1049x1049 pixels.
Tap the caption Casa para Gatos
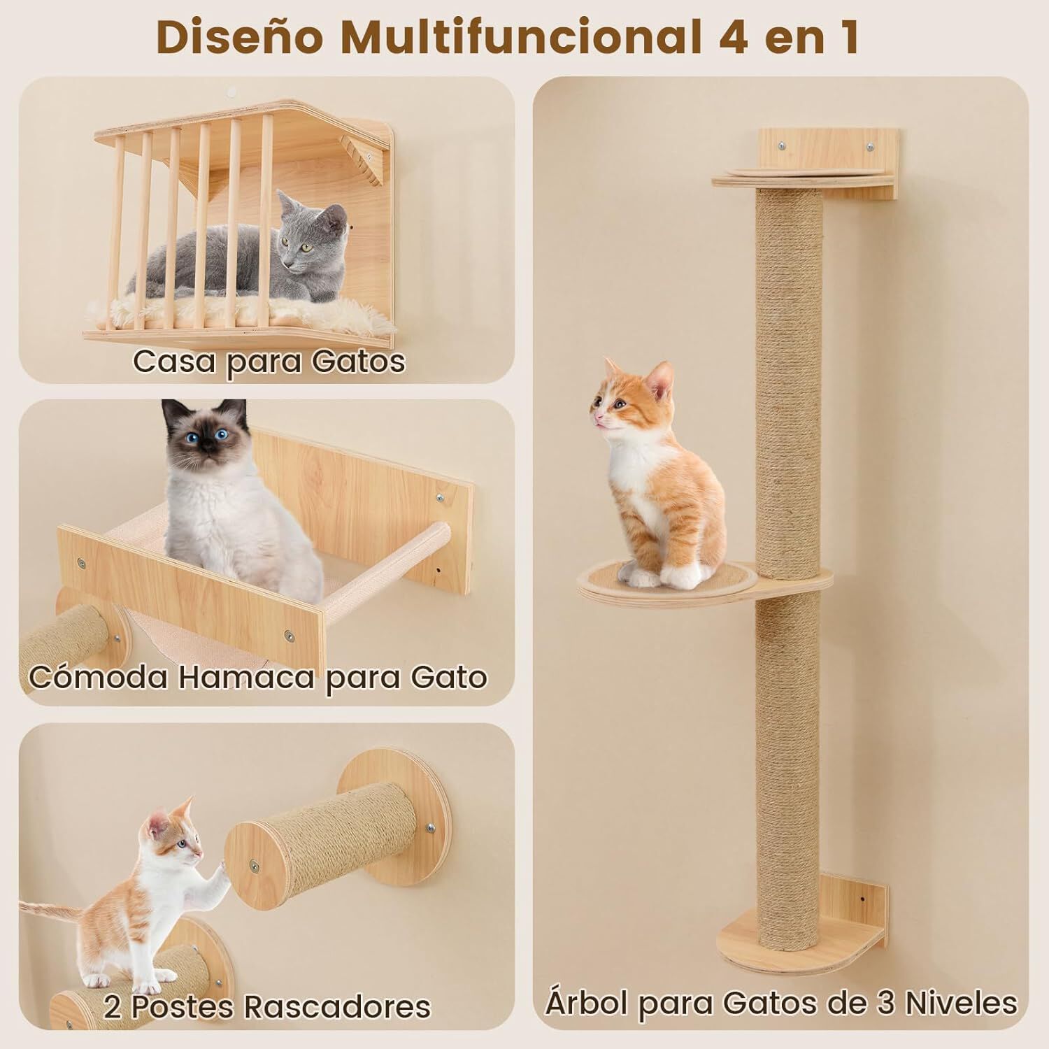[269, 362]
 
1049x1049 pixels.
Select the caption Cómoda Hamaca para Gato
[258, 677]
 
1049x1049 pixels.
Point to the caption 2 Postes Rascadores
[267, 1006]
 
